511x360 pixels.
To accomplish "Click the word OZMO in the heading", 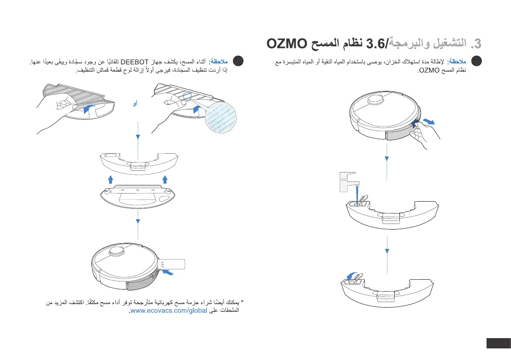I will coord(287,44).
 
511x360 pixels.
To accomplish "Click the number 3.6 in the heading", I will coord(376,44).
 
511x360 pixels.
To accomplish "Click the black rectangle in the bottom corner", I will coord(498,344).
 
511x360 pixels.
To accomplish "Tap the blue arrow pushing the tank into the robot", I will coord(170,272).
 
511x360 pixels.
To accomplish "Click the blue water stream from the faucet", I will coord(357,194).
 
